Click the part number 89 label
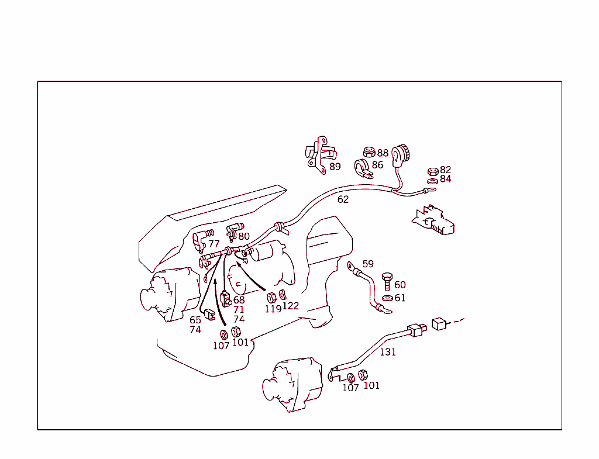(335, 167)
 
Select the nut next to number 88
(369, 152)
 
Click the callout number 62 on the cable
(343, 199)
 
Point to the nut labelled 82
(433, 171)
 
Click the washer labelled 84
(432, 181)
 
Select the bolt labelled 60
(387, 281)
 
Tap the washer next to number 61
(387, 298)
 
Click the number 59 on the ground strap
(368, 264)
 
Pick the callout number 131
(388, 352)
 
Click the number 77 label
(214, 244)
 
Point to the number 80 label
(244, 236)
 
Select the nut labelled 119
(271, 297)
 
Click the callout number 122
(291, 306)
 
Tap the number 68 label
(239, 300)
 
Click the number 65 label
(195, 320)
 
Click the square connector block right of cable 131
(439, 324)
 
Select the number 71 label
(239, 310)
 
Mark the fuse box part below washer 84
(433, 220)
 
